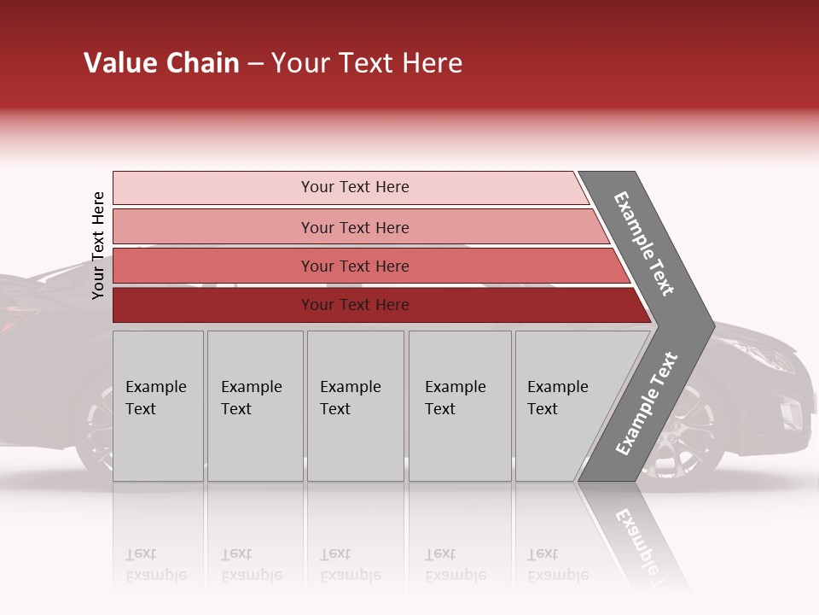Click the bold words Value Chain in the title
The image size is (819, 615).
(x=161, y=63)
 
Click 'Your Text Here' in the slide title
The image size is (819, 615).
(x=367, y=63)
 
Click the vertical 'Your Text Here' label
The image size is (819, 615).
(x=98, y=245)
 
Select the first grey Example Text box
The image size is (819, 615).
(x=158, y=405)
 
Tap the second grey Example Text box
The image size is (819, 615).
(x=254, y=405)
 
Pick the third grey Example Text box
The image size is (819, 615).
(x=354, y=405)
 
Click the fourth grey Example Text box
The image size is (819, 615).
(x=459, y=405)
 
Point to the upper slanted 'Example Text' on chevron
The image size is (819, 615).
(x=644, y=243)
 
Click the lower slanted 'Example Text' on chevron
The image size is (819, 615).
(x=647, y=403)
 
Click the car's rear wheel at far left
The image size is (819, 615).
(x=96, y=427)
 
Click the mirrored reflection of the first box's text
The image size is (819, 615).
(x=156, y=565)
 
